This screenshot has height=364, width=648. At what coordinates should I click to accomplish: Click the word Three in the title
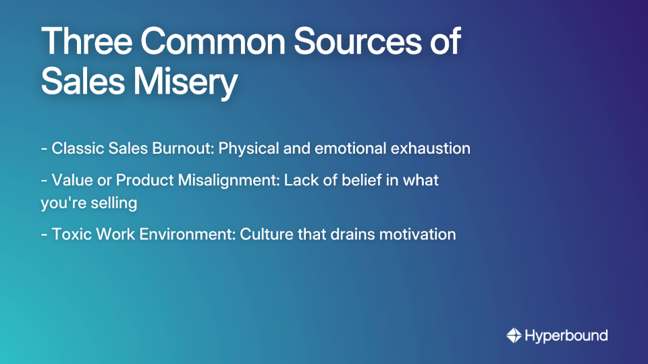pos(87,42)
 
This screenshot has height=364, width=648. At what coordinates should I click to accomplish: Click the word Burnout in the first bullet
pos(184,148)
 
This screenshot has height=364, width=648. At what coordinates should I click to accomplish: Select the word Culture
pos(264,235)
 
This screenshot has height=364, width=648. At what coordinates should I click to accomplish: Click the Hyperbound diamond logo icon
pos(514,335)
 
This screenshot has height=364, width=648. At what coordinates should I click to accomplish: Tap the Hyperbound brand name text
pos(566,336)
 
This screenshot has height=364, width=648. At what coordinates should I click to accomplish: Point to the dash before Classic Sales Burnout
pos(44,149)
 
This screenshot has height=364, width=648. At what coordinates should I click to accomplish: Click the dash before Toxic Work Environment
pos(44,235)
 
